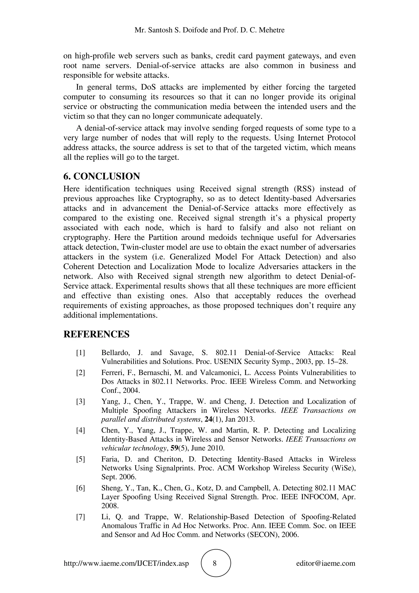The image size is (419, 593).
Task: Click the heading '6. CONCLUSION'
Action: (101, 176)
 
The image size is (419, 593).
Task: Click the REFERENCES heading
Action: (96, 334)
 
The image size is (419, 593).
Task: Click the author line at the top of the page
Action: (209, 30)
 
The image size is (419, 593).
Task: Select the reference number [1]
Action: (80, 353)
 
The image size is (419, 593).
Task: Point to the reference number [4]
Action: (80, 430)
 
